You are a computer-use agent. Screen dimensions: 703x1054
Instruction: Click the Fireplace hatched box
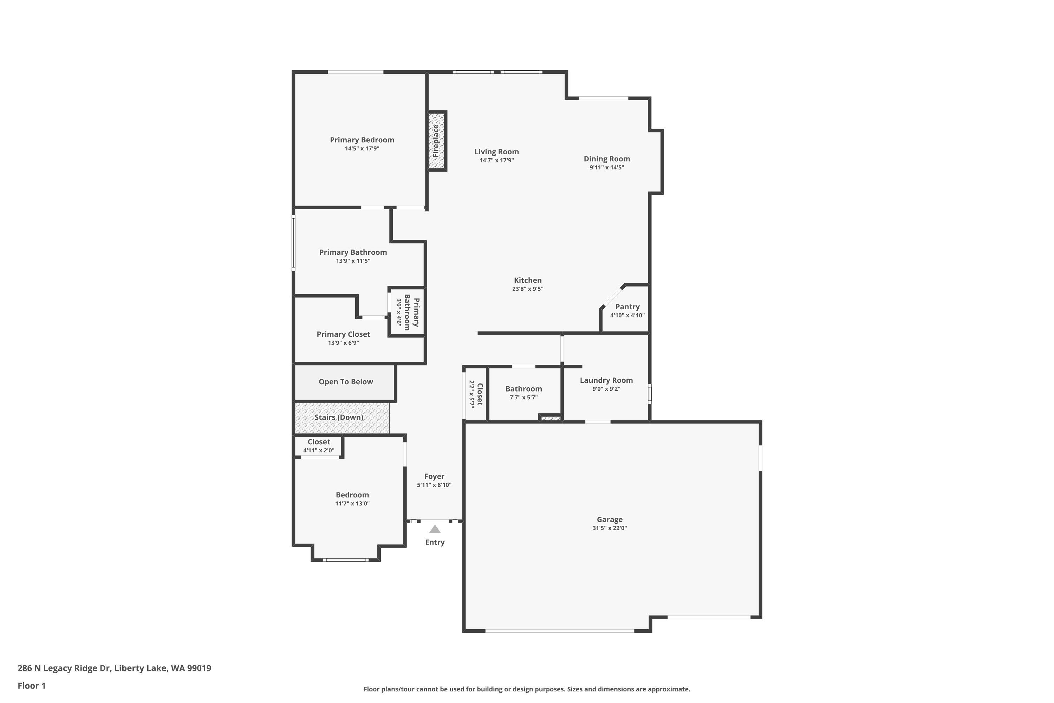click(x=436, y=141)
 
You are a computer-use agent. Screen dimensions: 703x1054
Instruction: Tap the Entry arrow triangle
click(x=435, y=529)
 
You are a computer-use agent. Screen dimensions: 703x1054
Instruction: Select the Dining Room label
click(x=606, y=159)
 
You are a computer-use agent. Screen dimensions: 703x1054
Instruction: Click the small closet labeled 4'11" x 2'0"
click(x=319, y=446)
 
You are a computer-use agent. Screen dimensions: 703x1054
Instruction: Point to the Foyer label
click(x=434, y=476)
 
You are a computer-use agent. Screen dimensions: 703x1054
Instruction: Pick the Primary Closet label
click(x=343, y=334)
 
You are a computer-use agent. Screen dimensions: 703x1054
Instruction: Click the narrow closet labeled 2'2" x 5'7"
click(x=475, y=394)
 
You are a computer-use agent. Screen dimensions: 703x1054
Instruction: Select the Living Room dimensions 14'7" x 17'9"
click(x=496, y=161)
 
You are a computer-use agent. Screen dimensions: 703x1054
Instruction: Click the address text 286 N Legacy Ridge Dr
click(x=114, y=668)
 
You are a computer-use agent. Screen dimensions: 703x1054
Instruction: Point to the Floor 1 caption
click(x=31, y=685)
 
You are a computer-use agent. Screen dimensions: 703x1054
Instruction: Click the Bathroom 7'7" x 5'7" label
click(x=523, y=389)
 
